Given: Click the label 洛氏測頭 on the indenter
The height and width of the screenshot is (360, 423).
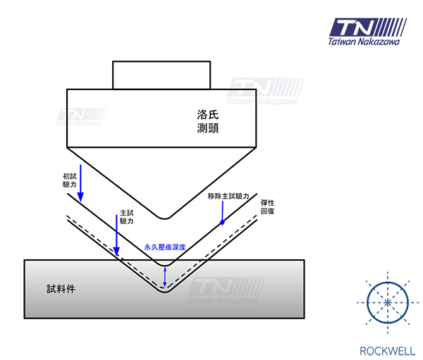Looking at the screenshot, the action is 208,121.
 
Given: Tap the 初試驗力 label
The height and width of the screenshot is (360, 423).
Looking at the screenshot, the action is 70,180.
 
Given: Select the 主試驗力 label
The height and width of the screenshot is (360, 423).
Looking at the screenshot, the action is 127,217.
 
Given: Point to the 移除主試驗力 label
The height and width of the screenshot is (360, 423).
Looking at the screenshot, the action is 228,196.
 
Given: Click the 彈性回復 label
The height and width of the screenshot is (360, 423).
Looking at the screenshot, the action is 268,207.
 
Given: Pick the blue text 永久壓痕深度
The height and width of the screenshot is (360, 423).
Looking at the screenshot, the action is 165,247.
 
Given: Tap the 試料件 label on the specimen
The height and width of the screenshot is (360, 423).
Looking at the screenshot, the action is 61,289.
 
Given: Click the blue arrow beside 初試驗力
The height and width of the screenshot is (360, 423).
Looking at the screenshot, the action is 80,183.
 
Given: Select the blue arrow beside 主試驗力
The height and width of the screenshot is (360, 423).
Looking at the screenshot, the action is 116,235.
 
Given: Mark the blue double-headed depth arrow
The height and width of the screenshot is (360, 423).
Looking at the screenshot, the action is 165,277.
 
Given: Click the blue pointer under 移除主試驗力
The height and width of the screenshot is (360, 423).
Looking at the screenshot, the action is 223,213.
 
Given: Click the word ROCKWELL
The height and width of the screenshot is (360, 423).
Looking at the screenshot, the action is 388,351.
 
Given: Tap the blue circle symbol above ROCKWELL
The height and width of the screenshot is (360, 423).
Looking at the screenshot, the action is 388,302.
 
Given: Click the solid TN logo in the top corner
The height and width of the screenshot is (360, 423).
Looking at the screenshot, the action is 368,27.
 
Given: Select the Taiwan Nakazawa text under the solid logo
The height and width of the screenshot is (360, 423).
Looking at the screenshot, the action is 364,42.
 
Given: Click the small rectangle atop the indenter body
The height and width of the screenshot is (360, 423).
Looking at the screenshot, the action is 161,75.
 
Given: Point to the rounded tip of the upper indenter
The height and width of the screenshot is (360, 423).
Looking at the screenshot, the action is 164,217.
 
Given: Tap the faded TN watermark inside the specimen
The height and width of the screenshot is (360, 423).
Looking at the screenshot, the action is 226,291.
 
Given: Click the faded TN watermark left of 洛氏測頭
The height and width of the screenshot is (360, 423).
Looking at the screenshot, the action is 81,117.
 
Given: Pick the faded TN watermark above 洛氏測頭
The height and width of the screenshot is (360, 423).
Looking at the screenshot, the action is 265,91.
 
